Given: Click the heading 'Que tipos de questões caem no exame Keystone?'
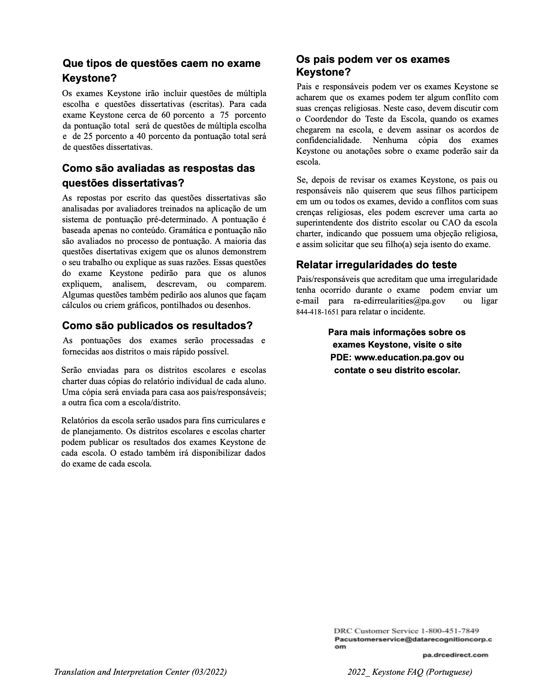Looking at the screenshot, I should [x=161, y=70].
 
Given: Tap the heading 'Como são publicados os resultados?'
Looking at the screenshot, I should [x=157, y=326].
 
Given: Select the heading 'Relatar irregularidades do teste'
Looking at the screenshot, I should [x=376, y=265].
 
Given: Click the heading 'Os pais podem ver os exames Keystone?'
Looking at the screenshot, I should [x=373, y=66].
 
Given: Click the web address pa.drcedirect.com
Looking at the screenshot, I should [x=455, y=655].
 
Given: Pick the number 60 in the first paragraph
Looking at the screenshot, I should [x=165, y=115].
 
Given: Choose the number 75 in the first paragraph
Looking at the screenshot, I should [x=223, y=115].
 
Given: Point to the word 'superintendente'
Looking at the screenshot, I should [x=324, y=223].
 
